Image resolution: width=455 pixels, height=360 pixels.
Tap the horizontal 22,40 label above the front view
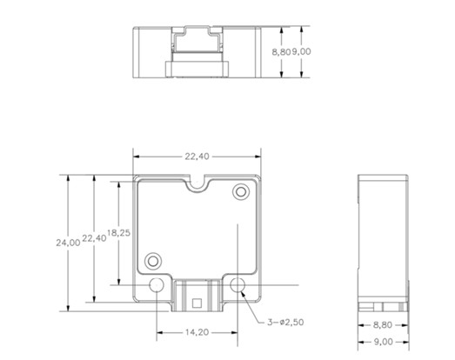point(197,157)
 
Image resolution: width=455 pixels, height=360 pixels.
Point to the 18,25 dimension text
point(118,233)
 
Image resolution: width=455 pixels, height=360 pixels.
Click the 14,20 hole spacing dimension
point(197,331)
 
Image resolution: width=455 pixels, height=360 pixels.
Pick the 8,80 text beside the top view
point(281,52)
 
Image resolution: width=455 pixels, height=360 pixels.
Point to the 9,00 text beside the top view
point(301,52)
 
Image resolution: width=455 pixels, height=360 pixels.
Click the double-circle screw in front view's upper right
point(240,191)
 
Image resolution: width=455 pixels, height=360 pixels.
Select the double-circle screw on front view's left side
point(154,259)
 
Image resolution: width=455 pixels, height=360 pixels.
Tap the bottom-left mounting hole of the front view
point(157,285)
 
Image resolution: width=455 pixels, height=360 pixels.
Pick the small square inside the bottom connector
point(197,303)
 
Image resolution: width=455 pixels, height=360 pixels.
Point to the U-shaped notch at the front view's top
point(197,184)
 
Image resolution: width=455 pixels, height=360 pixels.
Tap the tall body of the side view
point(384,235)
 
